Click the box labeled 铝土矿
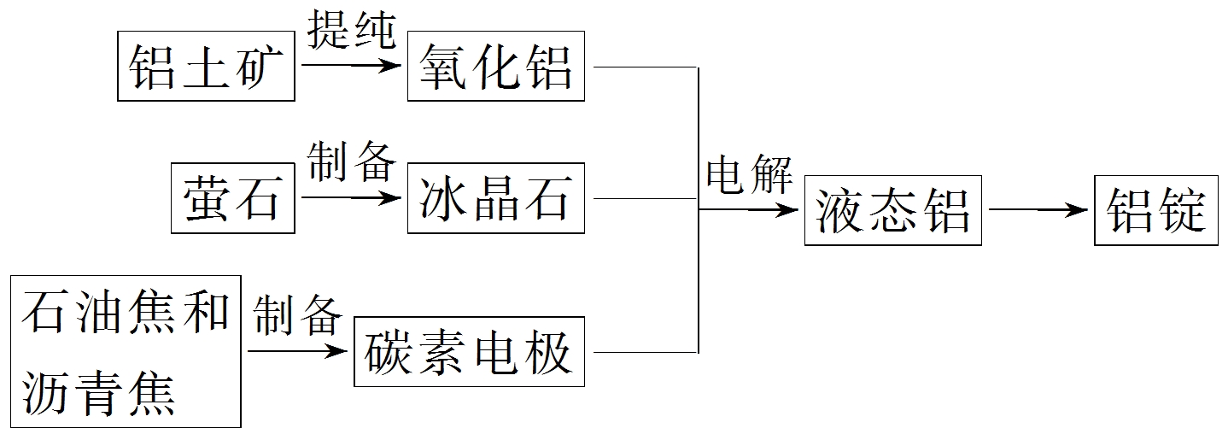coord(206,66)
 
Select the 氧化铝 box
coord(495,66)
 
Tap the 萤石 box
coord(232,198)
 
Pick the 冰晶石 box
coord(495,198)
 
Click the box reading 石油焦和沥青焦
coord(126,351)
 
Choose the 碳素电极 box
coord(469,351)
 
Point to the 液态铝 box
coord(892,210)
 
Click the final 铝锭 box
coord(1155,210)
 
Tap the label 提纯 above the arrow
coord(351,32)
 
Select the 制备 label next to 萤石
coord(351,162)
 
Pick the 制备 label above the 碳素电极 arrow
coord(297,316)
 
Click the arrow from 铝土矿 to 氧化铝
coord(351,65)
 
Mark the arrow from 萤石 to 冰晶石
coord(351,198)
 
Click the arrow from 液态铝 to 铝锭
coord(1038,210)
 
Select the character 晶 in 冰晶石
coord(495,198)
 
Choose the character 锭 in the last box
coord(1181,210)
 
